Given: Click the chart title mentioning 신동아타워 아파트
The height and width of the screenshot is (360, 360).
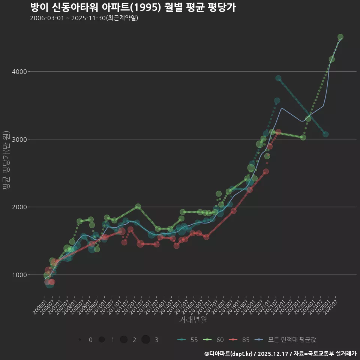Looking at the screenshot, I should [133, 7].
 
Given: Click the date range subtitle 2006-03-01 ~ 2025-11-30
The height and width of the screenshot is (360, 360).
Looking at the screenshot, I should [84, 18].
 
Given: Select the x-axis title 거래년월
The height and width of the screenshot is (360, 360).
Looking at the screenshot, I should [193, 320].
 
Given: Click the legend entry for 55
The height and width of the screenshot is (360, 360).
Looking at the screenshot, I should [187, 340].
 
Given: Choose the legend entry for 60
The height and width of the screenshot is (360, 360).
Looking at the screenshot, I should [213, 340].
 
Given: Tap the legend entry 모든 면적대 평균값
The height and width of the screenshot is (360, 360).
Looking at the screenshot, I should [285, 340].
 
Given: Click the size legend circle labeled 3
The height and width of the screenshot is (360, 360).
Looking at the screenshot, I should [146, 340].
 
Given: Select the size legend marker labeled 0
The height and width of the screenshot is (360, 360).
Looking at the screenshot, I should [80, 340].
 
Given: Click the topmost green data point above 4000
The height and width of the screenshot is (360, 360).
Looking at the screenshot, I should [340, 37].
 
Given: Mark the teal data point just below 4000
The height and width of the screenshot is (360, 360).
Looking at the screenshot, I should [278, 78].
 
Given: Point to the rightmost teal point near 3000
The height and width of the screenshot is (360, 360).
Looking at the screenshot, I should [325, 134].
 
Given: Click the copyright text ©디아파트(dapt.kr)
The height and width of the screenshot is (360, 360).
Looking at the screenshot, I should [229, 354].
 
